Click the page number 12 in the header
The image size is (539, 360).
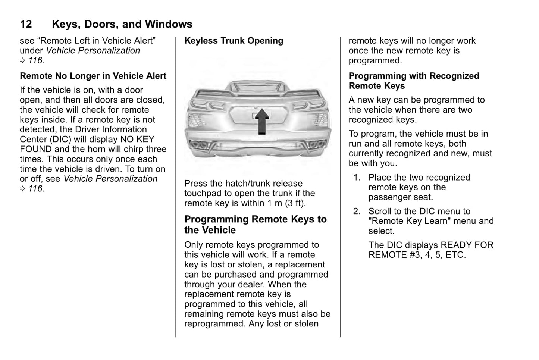tap(26, 24)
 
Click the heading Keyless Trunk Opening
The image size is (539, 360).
tap(234, 41)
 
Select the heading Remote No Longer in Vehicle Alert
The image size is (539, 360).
tap(93, 76)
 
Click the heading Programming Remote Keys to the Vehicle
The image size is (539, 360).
tap(255, 225)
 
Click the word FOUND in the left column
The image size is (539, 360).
tap(36, 149)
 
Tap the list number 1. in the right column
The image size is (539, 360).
tap(357, 178)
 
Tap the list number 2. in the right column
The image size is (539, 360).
tap(357, 212)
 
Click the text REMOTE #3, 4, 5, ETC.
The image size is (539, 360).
tap(417, 255)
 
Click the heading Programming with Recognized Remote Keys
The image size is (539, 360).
tap(414, 81)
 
